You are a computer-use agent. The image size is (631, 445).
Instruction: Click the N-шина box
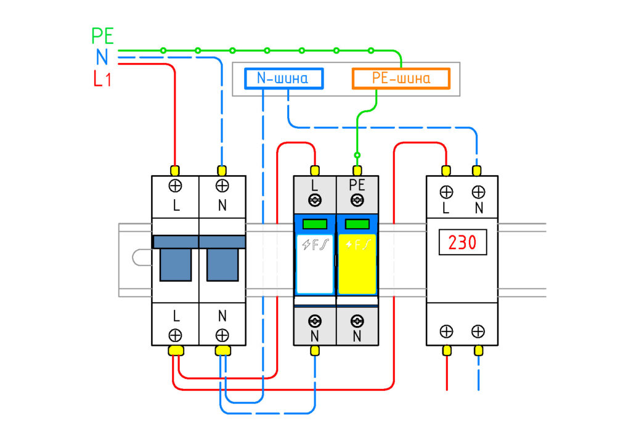[x=283, y=78]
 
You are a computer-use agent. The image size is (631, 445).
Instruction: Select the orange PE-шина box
[x=401, y=78]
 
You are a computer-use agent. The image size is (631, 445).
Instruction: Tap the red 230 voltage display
[x=462, y=242]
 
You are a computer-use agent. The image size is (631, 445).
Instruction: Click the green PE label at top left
[x=103, y=36]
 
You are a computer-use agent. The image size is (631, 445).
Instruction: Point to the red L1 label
[x=102, y=78]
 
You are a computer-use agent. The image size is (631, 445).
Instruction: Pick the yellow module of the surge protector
[x=357, y=264]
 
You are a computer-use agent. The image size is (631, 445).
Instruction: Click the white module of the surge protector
[x=315, y=264]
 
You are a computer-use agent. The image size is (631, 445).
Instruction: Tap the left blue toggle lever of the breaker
[x=176, y=264]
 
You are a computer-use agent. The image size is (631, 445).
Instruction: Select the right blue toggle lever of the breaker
[x=222, y=264]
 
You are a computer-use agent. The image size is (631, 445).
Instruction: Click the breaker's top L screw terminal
[x=175, y=186]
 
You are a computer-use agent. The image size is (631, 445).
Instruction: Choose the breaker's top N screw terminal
[x=222, y=186]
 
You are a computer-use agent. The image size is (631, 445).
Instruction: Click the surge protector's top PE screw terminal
[x=357, y=200]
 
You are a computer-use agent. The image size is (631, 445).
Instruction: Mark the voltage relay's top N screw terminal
[x=478, y=192]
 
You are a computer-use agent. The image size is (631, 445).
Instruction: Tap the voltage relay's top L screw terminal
[x=446, y=192]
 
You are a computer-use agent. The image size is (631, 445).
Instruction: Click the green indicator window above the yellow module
[x=357, y=224]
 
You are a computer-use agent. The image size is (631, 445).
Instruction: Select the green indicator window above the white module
[x=315, y=224]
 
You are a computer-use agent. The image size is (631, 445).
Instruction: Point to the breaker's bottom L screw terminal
[x=175, y=335]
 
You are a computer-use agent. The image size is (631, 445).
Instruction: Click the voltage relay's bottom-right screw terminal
[x=478, y=332]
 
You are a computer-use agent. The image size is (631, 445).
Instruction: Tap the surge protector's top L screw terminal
[x=315, y=200]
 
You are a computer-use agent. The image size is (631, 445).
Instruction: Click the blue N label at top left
[x=102, y=57]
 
